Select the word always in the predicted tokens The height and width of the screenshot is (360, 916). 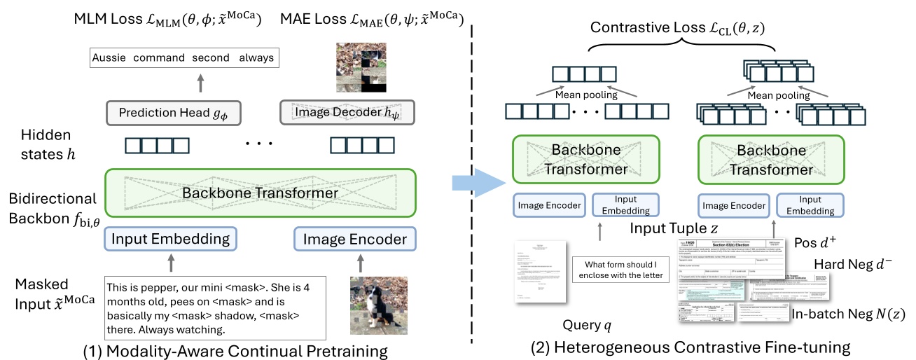[x=256, y=57]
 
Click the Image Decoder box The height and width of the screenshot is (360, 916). [x=347, y=112]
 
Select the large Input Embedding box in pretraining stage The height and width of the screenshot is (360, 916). [x=171, y=239]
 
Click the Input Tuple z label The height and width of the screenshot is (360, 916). [x=675, y=228]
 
